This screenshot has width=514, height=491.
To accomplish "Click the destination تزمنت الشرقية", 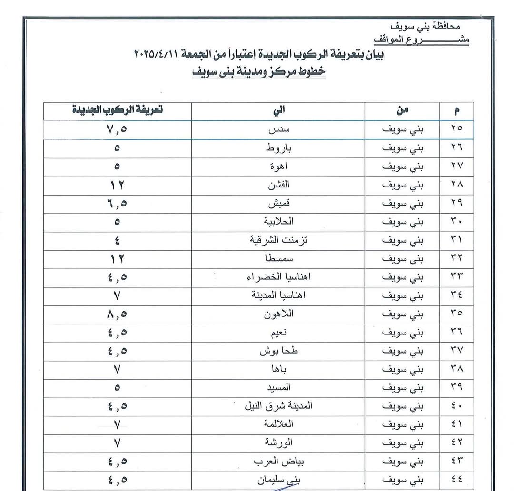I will (x=278, y=240).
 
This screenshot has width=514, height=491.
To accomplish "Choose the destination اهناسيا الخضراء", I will (x=278, y=277).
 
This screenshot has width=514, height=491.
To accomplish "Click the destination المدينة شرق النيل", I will (x=278, y=406).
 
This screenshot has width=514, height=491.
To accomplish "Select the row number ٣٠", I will (x=456, y=222).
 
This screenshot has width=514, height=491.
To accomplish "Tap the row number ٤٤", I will (x=456, y=479).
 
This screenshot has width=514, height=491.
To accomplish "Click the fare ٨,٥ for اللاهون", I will (x=117, y=314).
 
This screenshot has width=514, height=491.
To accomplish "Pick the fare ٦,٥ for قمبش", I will (x=117, y=204).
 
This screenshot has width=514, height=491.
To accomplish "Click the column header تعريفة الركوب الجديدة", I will (x=117, y=110).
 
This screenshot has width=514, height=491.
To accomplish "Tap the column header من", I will (x=402, y=111).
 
